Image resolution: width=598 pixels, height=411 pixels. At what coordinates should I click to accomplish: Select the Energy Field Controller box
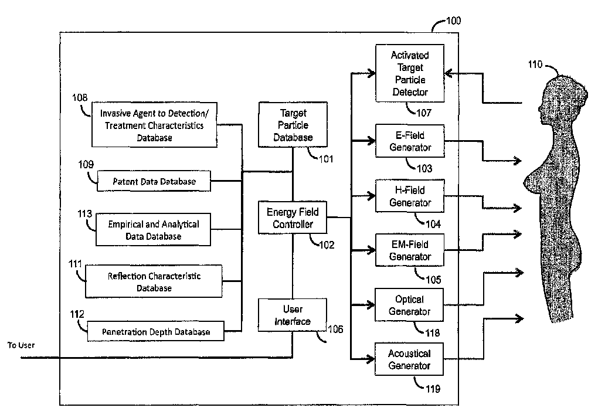click(x=293, y=217)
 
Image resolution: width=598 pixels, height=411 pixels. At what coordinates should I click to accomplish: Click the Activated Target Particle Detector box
click(x=410, y=73)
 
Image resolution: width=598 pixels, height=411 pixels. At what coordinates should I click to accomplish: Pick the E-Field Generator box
click(x=410, y=141)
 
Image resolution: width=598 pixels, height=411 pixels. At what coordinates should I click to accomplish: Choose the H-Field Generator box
click(x=410, y=196)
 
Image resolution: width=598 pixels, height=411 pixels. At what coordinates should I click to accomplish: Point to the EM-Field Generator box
click(x=410, y=250)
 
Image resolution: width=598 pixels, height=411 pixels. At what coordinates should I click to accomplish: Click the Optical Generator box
click(x=410, y=305)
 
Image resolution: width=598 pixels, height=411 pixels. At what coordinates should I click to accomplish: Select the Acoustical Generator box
click(x=410, y=359)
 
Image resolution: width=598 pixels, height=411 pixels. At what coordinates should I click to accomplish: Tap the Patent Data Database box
click(x=154, y=182)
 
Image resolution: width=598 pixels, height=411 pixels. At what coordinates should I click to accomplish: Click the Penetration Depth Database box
click(x=157, y=332)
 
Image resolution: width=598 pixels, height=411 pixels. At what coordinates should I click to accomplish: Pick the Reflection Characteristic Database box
click(x=154, y=281)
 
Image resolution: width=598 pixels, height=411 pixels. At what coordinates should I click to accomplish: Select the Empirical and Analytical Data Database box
click(x=153, y=230)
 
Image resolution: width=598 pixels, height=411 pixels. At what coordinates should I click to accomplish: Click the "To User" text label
click(x=21, y=345)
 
